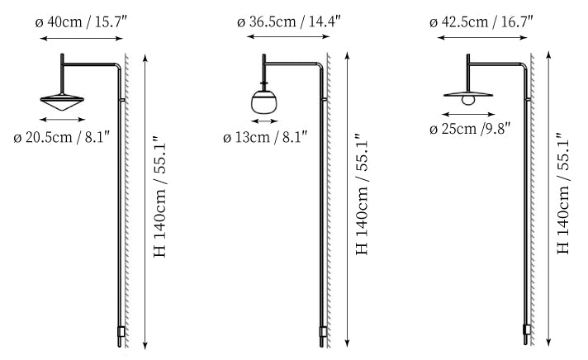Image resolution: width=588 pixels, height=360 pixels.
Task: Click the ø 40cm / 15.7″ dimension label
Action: (x=82, y=22)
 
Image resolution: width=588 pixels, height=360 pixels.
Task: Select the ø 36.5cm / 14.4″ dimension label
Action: (x=289, y=21)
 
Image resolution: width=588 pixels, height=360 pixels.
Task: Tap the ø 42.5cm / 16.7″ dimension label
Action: (x=481, y=22)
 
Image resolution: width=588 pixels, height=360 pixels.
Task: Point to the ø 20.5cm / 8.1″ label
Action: (x=61, y=137)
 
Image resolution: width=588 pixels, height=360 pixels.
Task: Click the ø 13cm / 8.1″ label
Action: (x=265, y=137)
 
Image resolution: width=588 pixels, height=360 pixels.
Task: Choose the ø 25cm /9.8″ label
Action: (x=470, y=129)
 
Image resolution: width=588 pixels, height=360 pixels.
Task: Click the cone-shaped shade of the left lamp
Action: (x=62, y=102)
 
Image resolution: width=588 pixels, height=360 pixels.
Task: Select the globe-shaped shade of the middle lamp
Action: (x=264, y=102)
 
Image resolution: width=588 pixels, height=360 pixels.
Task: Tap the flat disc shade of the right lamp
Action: (x=468, y=94)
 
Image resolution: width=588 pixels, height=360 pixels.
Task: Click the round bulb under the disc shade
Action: (x=468, y=100)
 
